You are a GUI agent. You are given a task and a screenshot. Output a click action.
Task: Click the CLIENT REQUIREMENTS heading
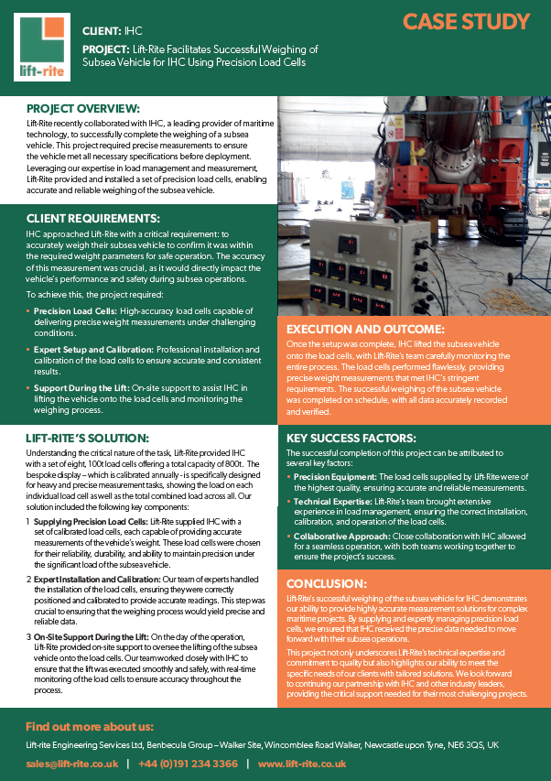coord(93,219)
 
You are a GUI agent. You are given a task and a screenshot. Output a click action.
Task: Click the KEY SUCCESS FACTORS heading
coord(352,439)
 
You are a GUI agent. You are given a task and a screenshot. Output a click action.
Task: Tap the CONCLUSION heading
coord(329,582)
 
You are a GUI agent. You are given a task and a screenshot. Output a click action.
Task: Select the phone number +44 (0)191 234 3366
coord(189,762)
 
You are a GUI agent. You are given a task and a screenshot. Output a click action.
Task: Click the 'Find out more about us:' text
coord(90,726)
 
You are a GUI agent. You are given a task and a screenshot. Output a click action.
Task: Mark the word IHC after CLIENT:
coord(134,30)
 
